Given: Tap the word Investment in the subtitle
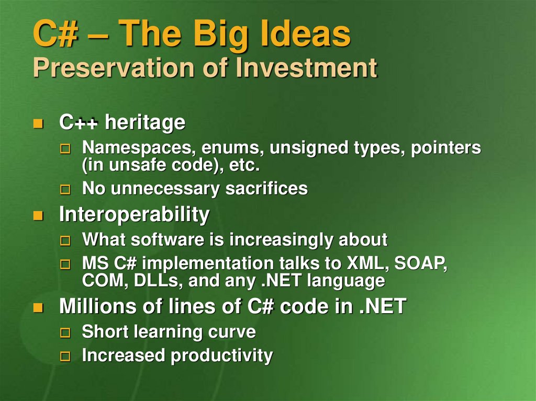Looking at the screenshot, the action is [x=306, y=67].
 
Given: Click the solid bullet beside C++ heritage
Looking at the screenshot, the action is [x=38, y=123].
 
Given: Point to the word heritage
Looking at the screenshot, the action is [x=145, y=122].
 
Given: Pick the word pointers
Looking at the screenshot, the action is [x=446, y=148].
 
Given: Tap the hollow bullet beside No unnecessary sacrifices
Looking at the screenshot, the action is [x=65, y=189].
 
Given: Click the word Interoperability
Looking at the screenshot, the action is [x=135, y=214].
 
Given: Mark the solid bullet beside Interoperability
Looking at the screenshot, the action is [x=38, y=215].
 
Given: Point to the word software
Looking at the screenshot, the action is [x=167, y=239].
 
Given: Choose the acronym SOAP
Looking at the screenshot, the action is [x=421, y=263].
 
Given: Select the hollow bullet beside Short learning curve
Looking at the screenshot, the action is [x=65, y=333].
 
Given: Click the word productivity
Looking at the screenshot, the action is [x=221, y=356].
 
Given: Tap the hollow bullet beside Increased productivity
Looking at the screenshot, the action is [x=65, y=357].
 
